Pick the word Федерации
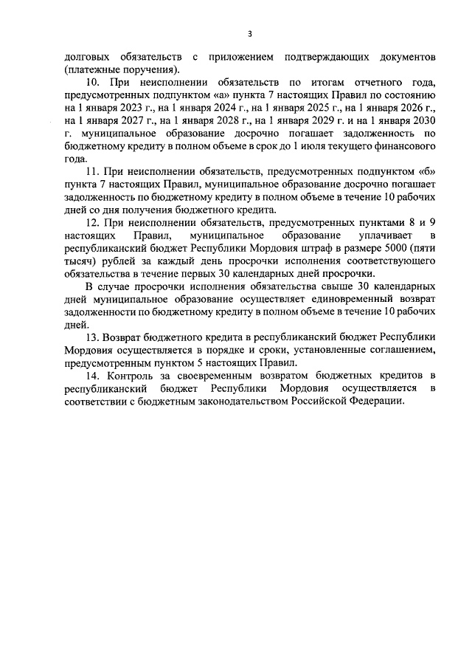381,402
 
